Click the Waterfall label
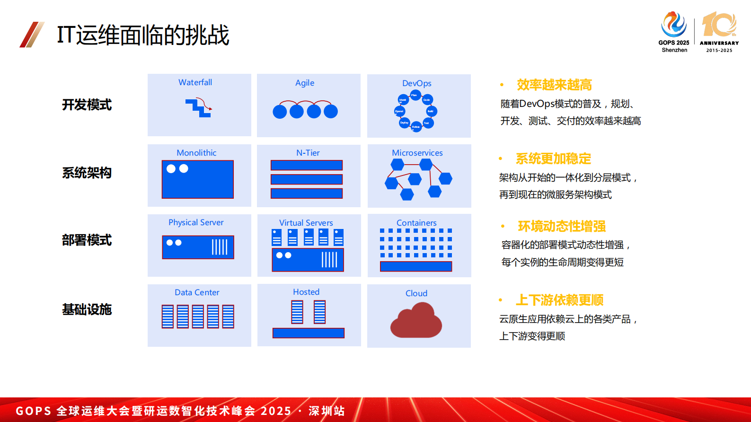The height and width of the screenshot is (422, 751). pyautogui.click(x=195, y=82)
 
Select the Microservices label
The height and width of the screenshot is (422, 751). pyautogui.click(x=417, y=153)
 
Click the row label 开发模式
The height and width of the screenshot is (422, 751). pyautogui.click(x=87, y=105)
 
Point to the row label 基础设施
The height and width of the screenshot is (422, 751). pyautogui.click(x=87, y=309)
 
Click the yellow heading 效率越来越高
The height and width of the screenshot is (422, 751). pyautogui.click(x=554, y=85)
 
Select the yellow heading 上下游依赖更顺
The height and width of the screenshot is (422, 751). pyautogui.click(x=559, y=300)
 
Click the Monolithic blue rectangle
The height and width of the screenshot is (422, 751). pyautogui.click(x=198, y=179)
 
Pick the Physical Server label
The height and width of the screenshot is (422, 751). pyautogui.click(x=196, y=222)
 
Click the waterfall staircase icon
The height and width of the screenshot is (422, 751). pyautogui.click(x=199, y=107)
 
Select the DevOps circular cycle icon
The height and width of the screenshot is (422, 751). pyautogui.click(x=415, y=111)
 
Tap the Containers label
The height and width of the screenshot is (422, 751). pyautogui.click(x=416, y=223)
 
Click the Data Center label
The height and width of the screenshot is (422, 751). pyautogui.click(x=197, y=292)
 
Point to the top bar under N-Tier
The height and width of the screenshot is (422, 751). pyautogui.click(x=307, y=165)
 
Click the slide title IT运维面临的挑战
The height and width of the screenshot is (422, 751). pyautogui.click(x=143, y=35)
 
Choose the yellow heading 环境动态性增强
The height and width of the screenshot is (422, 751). pyautogui.click(x=562, y=226)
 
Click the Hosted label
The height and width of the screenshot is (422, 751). pyautogui.click(x=306, y=292)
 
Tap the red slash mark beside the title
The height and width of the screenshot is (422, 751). pyautogui.click(x=32, y=35)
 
